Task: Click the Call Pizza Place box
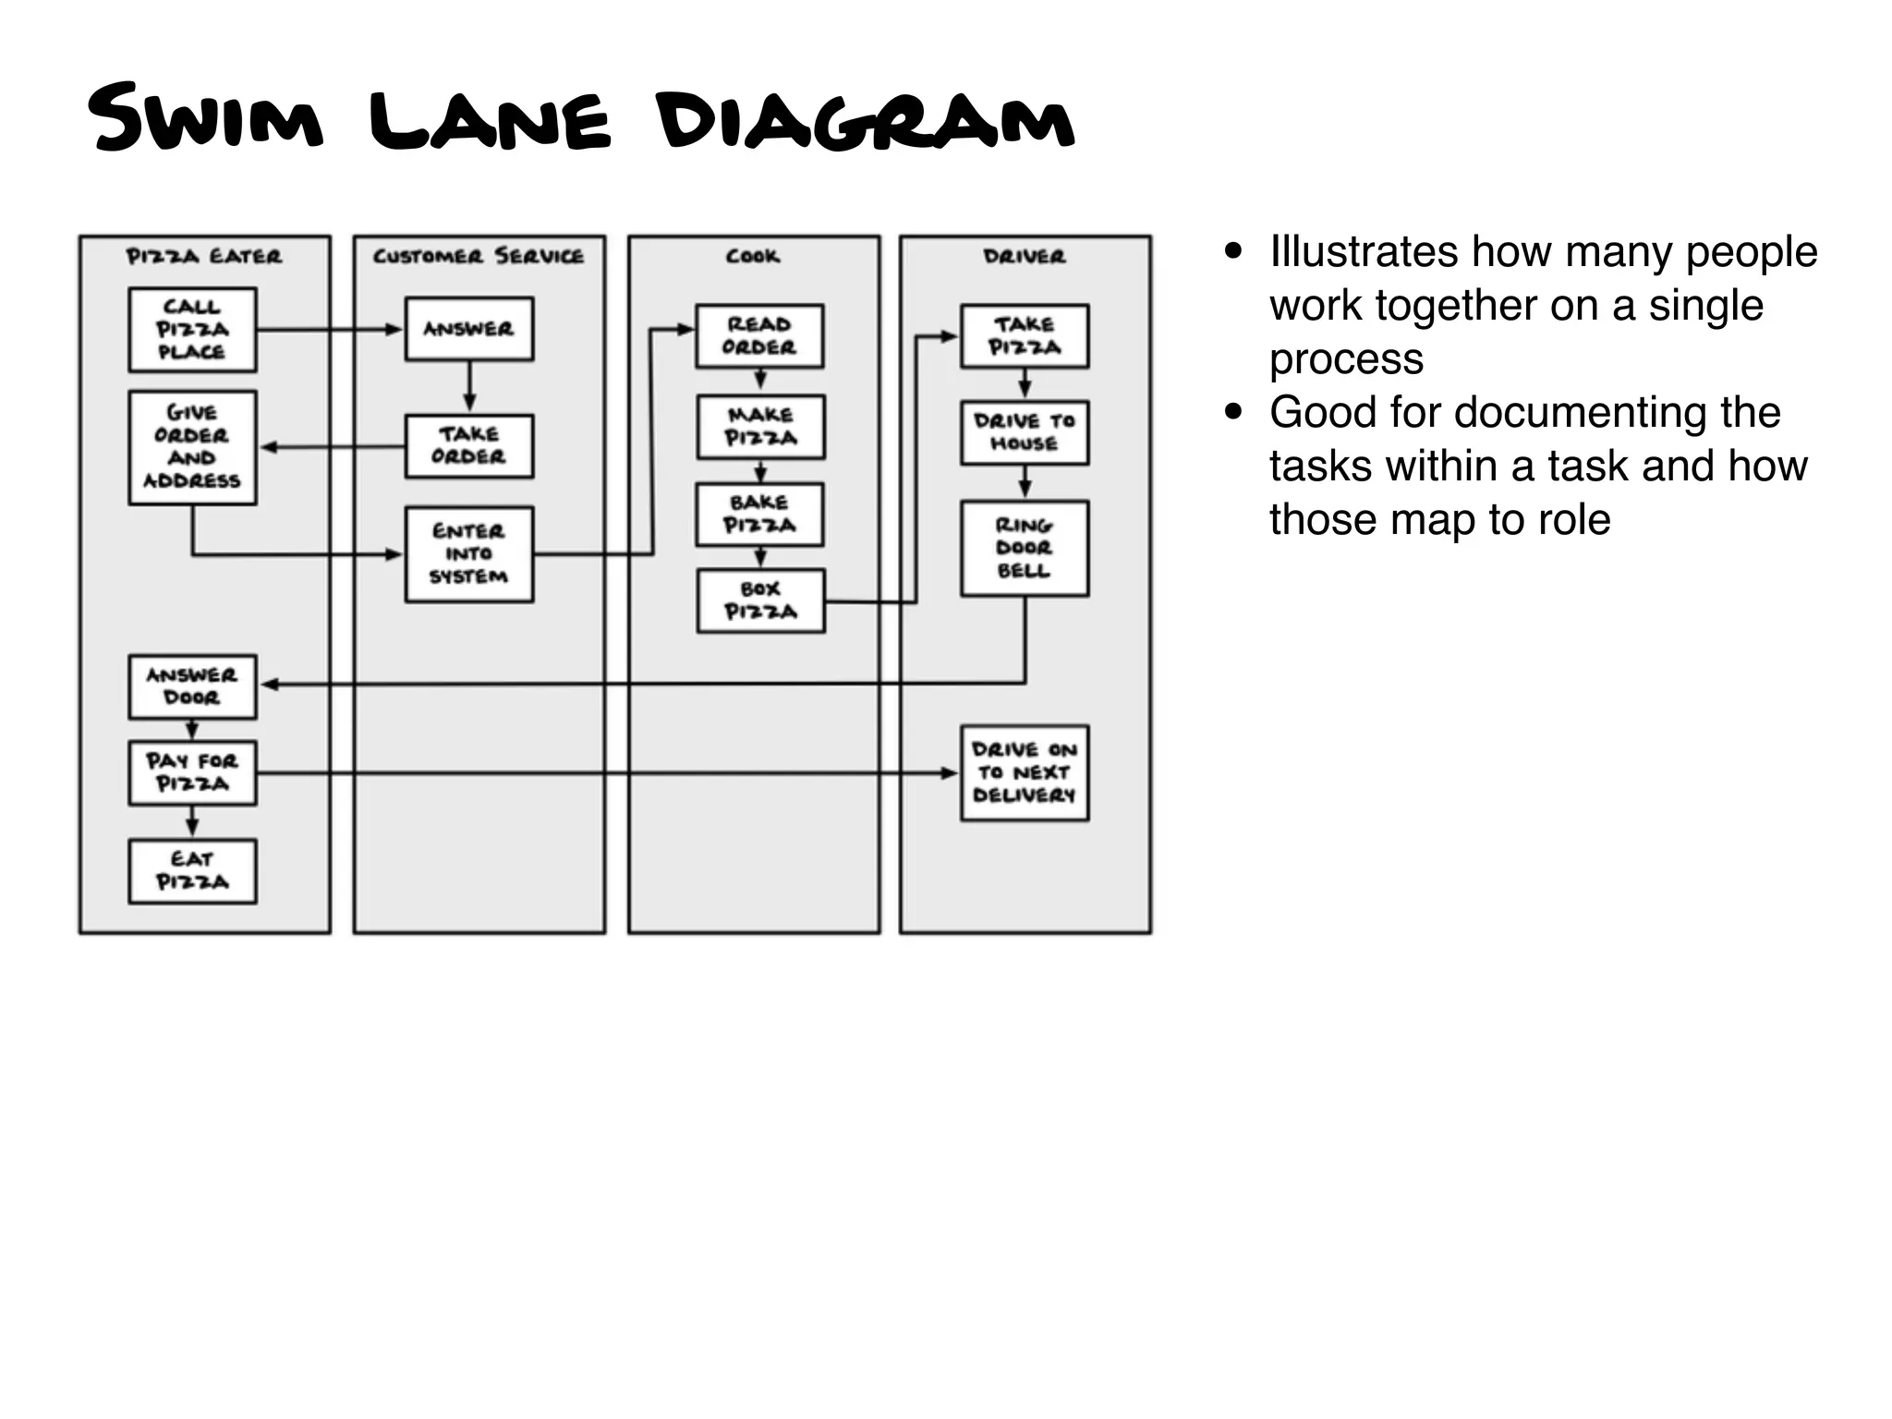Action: [x=192, y=330]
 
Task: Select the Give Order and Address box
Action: [x=192, y=447]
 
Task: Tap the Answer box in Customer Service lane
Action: [x=469, y=329]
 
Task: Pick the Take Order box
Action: [x=469, y=446]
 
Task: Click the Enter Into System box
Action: [x=469, y=554]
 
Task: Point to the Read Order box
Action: [x=759, y=336]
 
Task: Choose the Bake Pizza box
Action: [x=759, y=515]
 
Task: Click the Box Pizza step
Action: [x=760, y=601]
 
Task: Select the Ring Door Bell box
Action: [x=1025, y=549]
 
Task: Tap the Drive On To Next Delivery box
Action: [x=1025, y=773]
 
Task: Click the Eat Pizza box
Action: [x=192, y=871]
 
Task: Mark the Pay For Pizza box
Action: [x=192, y=773]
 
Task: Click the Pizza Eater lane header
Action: [x=204, y=257]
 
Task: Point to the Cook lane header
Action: [x=753, y=257]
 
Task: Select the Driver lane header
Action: [x=1025, y=257]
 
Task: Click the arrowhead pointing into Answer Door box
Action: [x=269, y=685]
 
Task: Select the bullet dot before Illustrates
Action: [x=1232, y=251]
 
